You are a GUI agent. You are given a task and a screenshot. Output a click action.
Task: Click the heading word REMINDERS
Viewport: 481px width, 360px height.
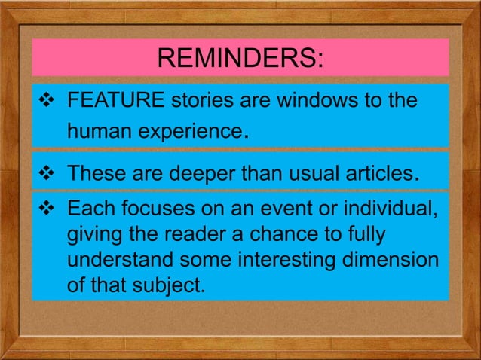240,58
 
